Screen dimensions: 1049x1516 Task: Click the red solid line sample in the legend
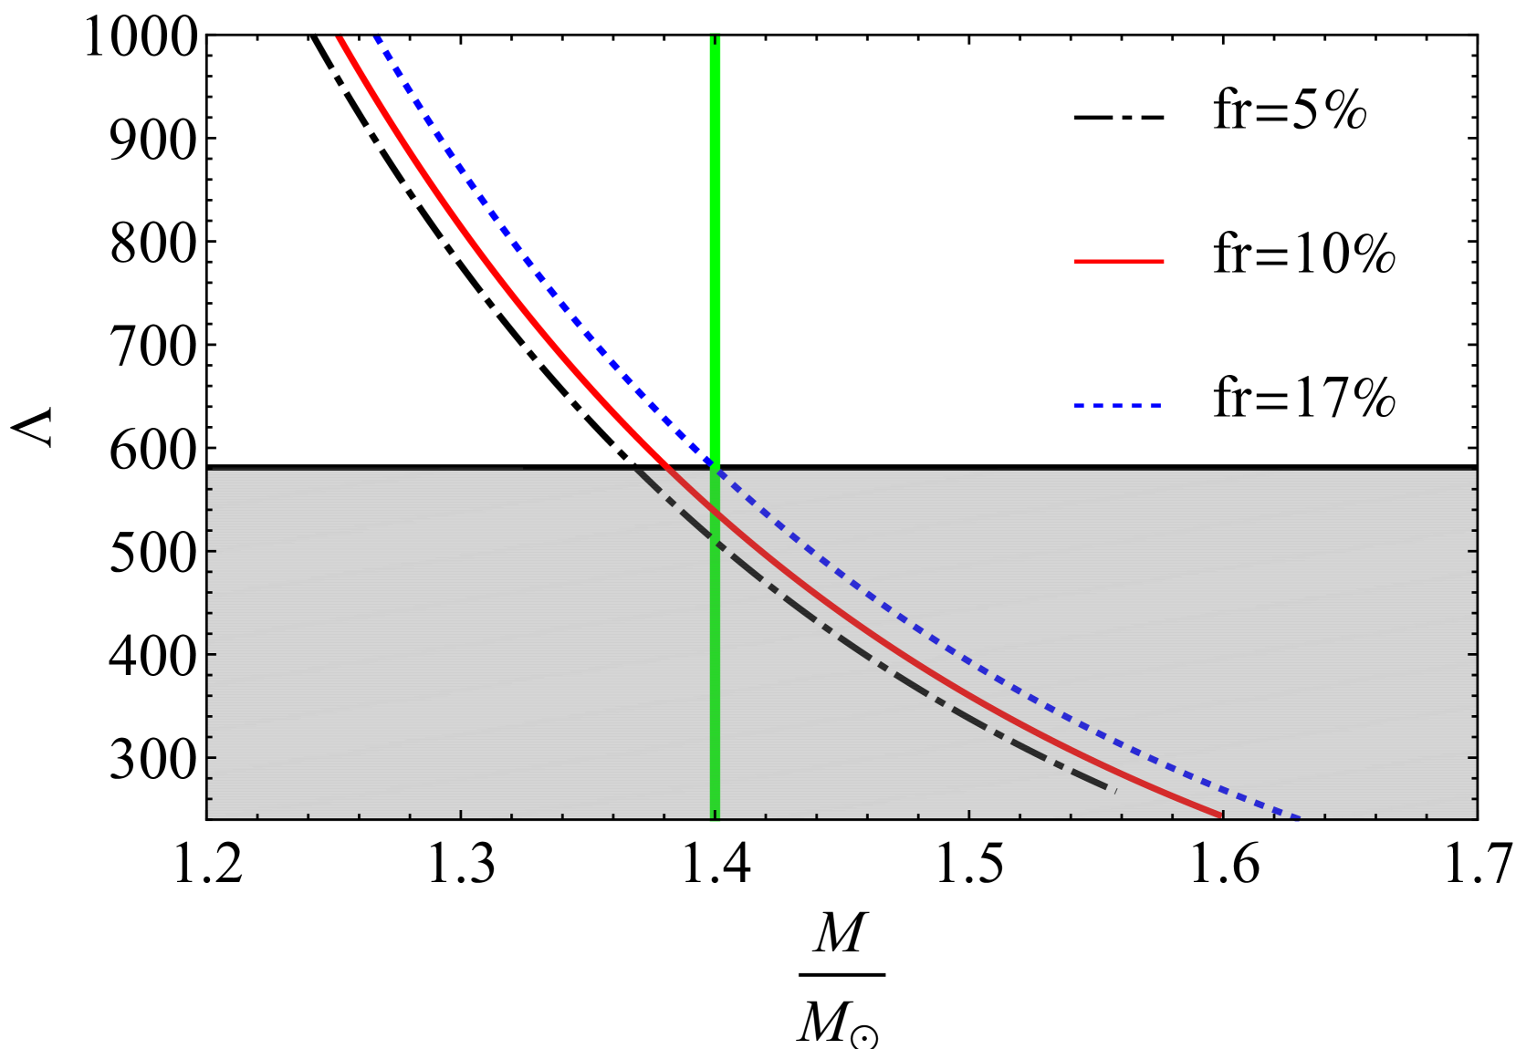tap(1118, 262)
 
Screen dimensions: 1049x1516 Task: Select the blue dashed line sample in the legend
tap(1117, 405)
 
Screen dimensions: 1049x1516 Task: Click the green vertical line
tap(716, 274)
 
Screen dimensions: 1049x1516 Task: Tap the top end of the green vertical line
tap(716, 36)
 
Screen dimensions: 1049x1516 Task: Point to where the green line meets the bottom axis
tap(716, 819)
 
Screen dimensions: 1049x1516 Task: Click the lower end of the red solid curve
tap(1221, 815)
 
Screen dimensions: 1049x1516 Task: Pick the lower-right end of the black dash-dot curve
tap(1114, 790)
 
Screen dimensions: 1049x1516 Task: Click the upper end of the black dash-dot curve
tap(637, 471)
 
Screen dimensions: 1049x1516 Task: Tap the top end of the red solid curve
tap(340, 36)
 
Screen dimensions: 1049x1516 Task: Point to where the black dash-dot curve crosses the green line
tap(716, 544)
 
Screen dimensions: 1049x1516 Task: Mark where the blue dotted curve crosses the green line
tap(716, 466)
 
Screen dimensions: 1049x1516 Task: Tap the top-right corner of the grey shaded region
tap(1475, 471)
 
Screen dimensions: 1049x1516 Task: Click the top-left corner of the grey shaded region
tap(209, 471)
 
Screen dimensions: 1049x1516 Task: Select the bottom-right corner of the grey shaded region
tap(1475, 819)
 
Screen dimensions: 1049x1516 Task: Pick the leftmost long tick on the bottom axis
tap(461, 815)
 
